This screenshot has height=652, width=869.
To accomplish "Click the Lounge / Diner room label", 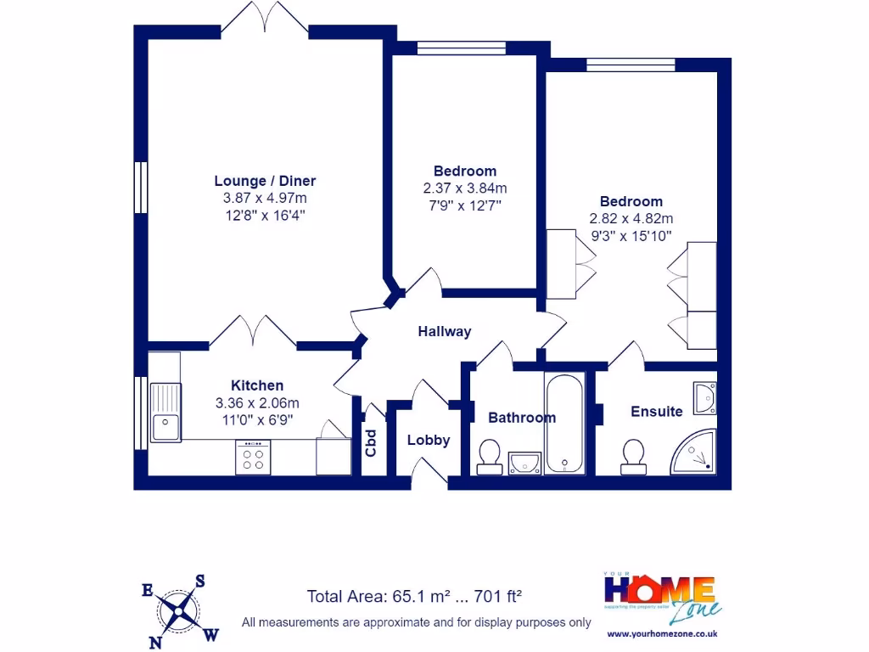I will coord(265,181).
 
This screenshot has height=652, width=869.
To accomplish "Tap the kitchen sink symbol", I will coord(165,412).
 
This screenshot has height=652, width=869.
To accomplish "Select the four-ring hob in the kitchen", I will coord(253,458).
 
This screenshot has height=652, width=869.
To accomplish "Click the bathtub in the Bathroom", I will coord(563,423).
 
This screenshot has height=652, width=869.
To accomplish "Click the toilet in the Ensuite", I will coord(632,457).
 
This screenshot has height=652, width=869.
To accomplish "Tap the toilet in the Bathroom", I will coord(489,457).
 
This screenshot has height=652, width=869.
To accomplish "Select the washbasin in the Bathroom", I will coord(525,463).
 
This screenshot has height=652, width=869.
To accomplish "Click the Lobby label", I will coord(428,440).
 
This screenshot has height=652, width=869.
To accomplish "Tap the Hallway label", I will coord(444,332).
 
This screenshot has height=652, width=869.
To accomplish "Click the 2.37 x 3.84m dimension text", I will coord(464,188).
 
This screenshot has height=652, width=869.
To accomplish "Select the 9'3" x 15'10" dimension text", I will coord(631,234).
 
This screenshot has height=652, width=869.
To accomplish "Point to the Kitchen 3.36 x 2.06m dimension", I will coord(257,402).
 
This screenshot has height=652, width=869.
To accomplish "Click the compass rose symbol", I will coord(180,608).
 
